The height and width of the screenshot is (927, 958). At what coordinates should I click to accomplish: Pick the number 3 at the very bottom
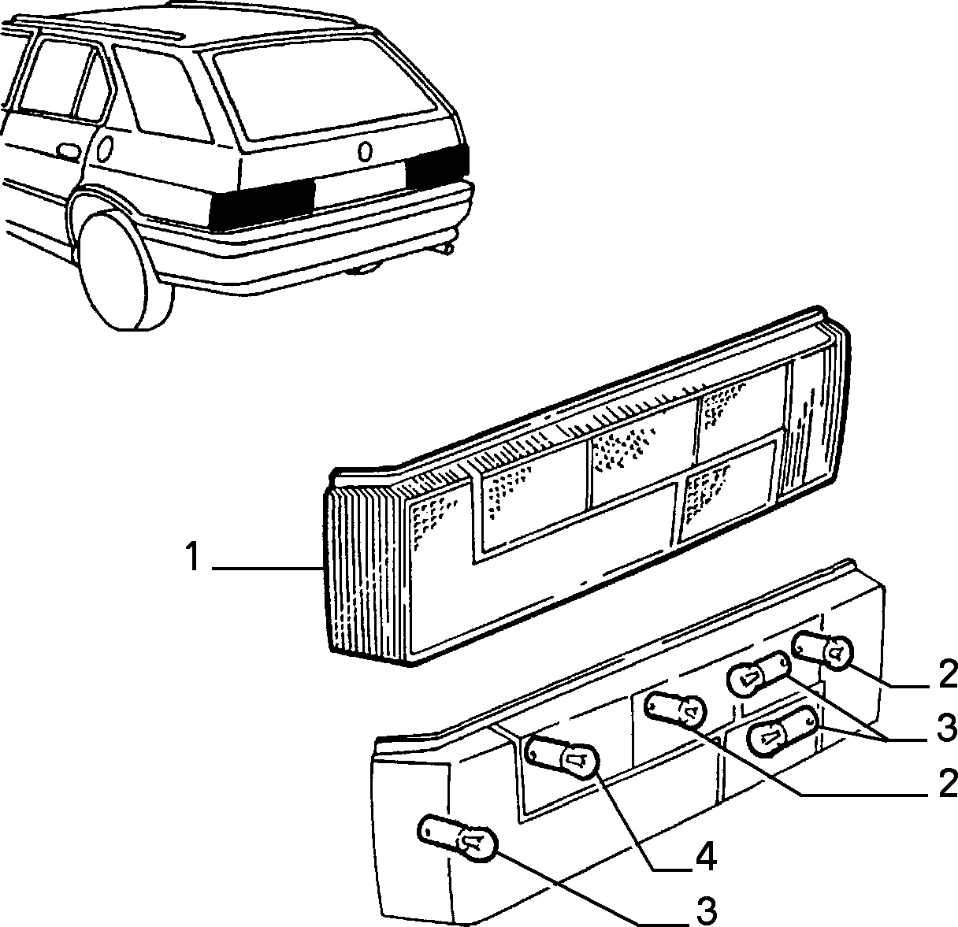coord(705,910)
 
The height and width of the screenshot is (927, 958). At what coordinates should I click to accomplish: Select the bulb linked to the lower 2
coord(675,709)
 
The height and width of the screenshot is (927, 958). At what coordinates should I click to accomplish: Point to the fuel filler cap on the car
coord(106,148)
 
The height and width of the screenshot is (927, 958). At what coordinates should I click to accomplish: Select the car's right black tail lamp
coord(437,166)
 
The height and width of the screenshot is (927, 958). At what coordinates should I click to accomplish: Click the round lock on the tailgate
coord(365,151)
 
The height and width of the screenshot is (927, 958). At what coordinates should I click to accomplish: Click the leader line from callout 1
coord(267,569)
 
